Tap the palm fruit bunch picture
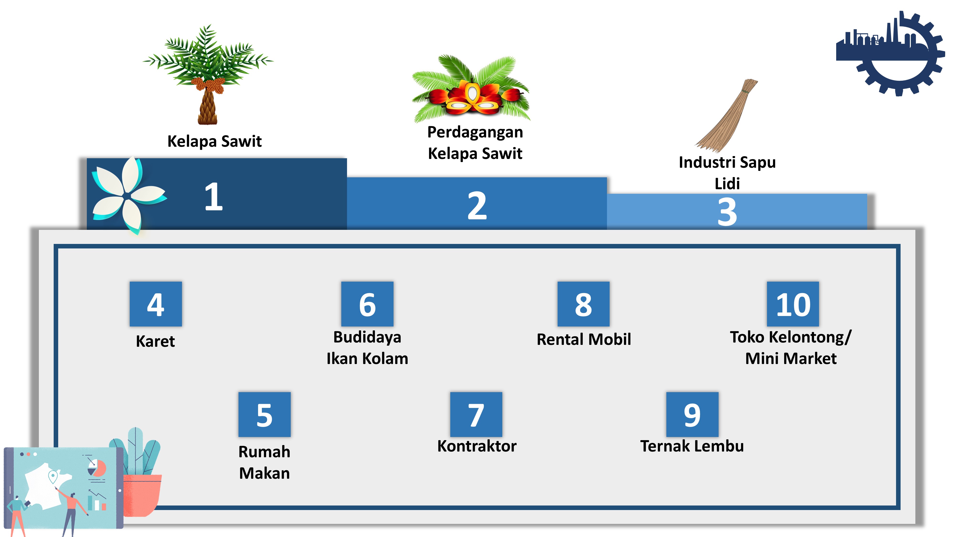471,89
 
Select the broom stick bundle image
727,115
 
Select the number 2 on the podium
477,206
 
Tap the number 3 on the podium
727,212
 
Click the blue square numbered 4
156,304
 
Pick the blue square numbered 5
264,414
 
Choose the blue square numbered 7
476,414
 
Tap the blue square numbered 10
793,304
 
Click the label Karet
155,341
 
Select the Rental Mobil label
584,339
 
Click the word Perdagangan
475,132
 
